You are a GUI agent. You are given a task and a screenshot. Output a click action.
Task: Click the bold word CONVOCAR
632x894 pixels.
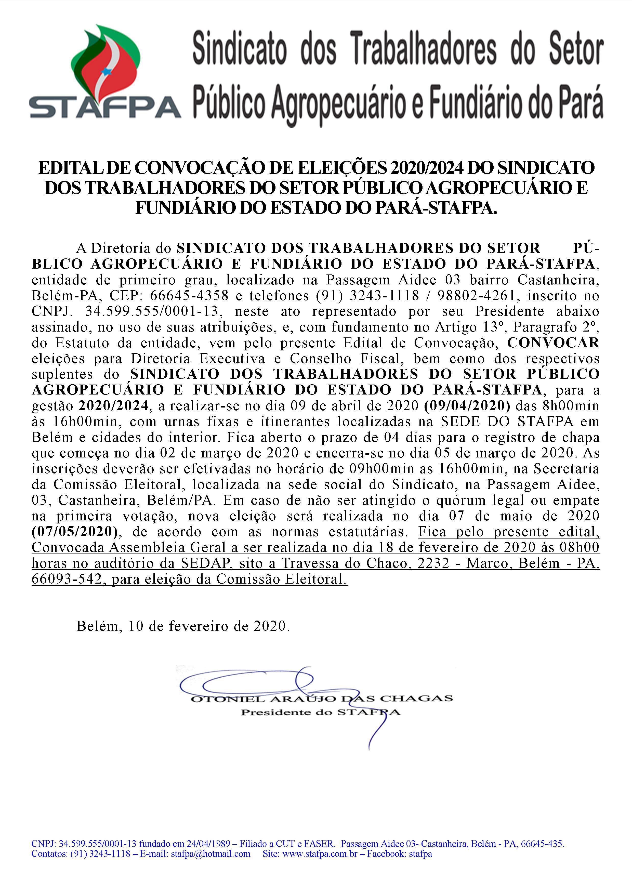tap(553, 343)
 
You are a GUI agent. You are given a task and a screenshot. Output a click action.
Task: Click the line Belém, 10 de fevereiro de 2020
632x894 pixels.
tap(183, 626)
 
